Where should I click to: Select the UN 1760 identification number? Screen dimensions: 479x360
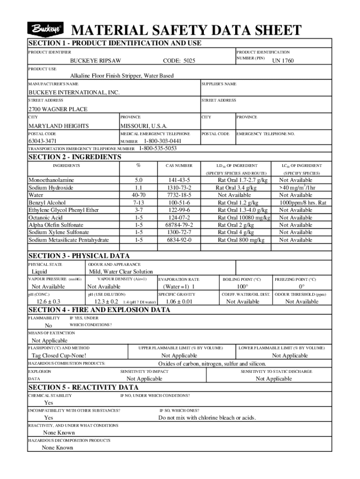(283, 61)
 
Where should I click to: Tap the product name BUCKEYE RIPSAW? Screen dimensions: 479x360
(95, 61)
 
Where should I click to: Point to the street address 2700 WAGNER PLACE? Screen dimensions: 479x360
(58, 109)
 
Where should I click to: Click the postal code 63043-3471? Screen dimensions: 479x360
(43, 141)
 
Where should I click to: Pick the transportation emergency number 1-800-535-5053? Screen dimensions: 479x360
(158, 149)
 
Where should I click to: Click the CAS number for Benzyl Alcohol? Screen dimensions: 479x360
(179, 203)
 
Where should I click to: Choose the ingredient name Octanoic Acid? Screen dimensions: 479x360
(45, 218)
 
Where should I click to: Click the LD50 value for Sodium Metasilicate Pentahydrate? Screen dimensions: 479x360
(241, 240)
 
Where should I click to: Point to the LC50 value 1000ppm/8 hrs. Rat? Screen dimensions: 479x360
(302, 203)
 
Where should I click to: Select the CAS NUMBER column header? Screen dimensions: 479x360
(179, 166)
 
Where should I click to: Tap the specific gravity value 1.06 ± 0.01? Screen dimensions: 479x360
(179, 302)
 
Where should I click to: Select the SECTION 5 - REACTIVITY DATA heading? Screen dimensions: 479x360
(84, 387)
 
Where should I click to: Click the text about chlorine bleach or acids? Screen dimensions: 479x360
(207, 418)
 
